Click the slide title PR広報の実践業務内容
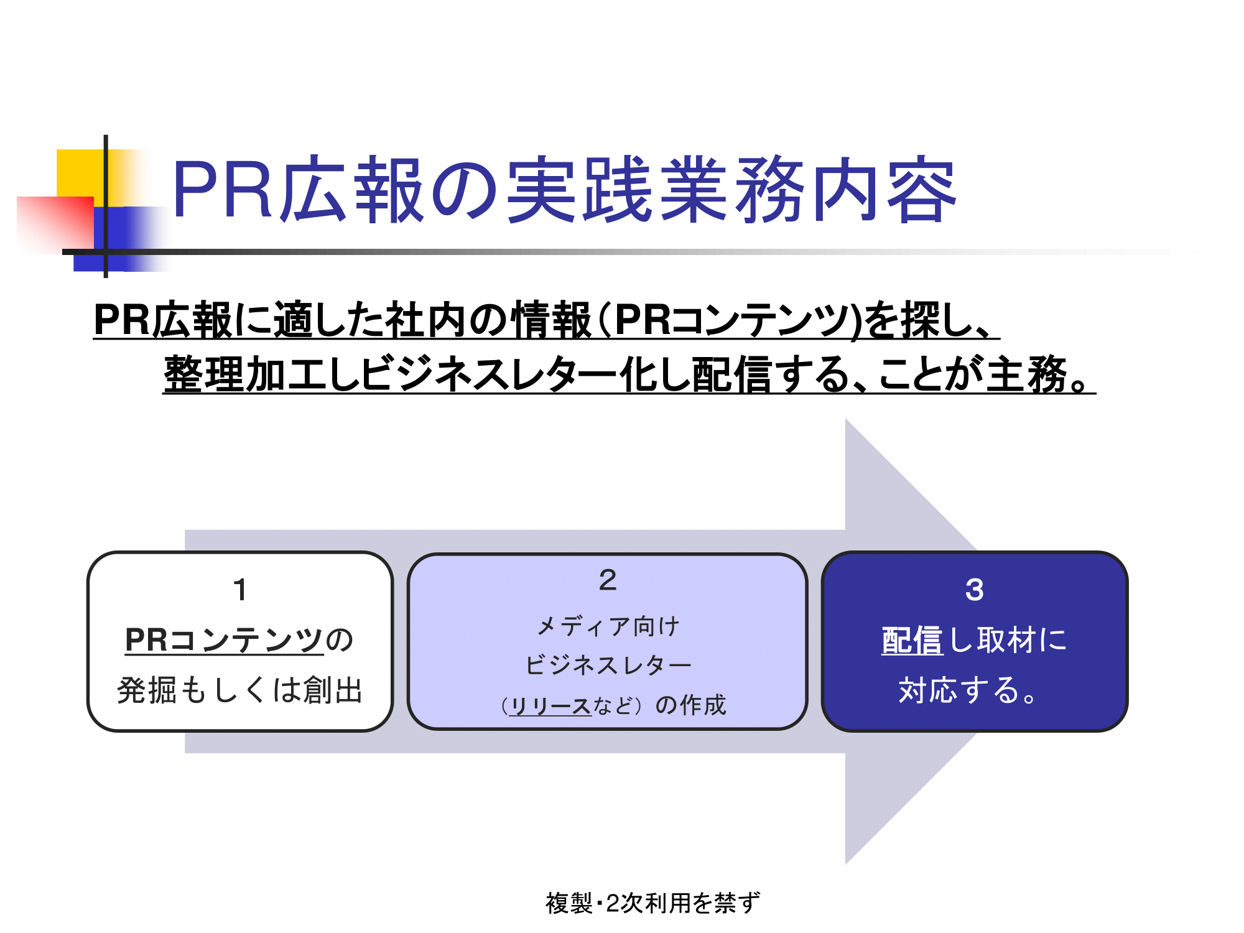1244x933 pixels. click(x=564, y=189)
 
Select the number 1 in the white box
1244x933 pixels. click(x=240, y=590)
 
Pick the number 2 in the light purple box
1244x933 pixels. click(x=608, y=580)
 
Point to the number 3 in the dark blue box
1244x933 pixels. click(x=975, y=590)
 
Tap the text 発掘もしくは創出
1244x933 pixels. click(x=240, y=690)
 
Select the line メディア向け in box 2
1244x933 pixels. click(x=608, y=626)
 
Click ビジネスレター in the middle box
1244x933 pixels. click(x=608, y=665)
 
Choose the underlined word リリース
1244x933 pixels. click(x=550, y=705)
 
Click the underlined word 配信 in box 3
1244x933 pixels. click(x=912, y=640)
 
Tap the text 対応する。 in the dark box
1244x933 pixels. click(x=968, y=690)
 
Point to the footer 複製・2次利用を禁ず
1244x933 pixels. click(x=652, y=903)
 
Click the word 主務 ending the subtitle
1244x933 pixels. click(x=1027, y=374)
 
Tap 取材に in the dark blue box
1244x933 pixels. click(x=1022, y=640)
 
